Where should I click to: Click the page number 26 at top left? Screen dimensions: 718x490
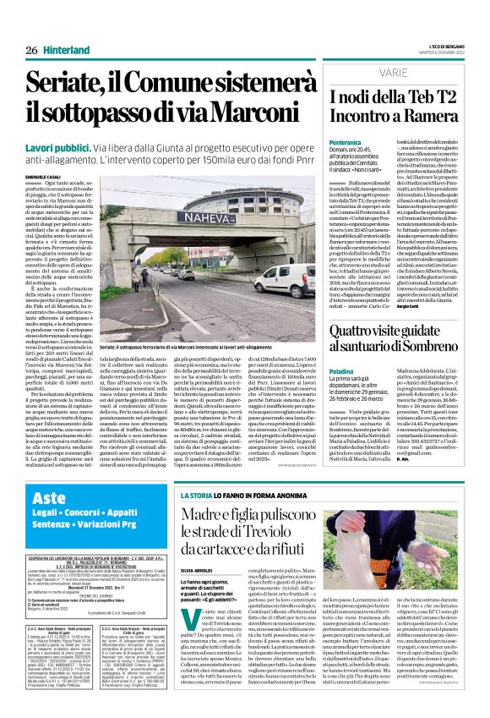click(x=30, y=50)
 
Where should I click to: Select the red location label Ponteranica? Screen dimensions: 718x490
click(x=345, y=145)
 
